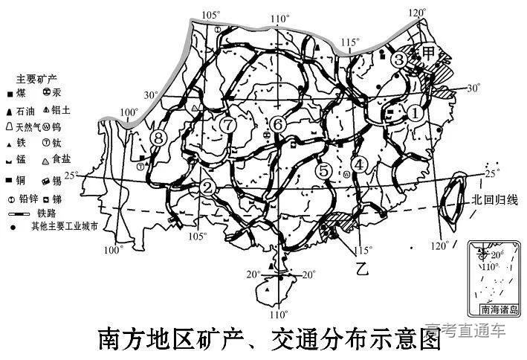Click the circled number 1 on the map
point(415,113)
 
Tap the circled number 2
point(208,187)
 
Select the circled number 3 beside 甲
point(399,60)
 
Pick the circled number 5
point(323,170)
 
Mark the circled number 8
point(158,137)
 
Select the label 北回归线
point(494,201)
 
